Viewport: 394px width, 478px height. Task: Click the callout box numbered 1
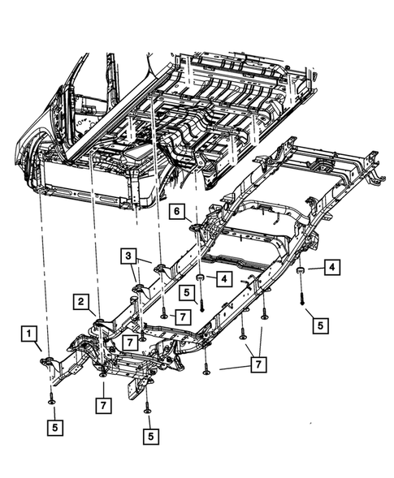coord(28,333)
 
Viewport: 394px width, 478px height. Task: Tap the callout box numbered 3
coord(129,256)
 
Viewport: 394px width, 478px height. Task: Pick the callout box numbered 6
coord(175,211)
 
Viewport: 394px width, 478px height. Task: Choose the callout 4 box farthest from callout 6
coord(333,265)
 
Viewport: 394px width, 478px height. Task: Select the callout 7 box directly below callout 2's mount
coord(103,403)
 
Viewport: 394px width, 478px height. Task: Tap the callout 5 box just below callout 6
coord(188,292)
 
